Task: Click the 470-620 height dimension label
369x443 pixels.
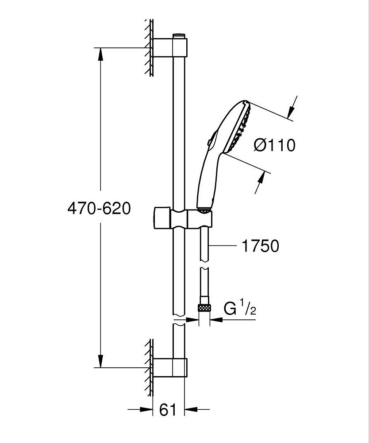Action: pos(99,208)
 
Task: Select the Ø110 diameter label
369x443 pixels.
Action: pos(274,145)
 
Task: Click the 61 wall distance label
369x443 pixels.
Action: pos(168,410)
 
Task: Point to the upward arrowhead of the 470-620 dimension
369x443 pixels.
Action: pos(101,53)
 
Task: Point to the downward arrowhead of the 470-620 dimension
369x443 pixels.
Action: pos(101,361)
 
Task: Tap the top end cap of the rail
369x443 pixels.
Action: pos(178,35)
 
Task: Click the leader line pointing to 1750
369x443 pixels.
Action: pos(223,245)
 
